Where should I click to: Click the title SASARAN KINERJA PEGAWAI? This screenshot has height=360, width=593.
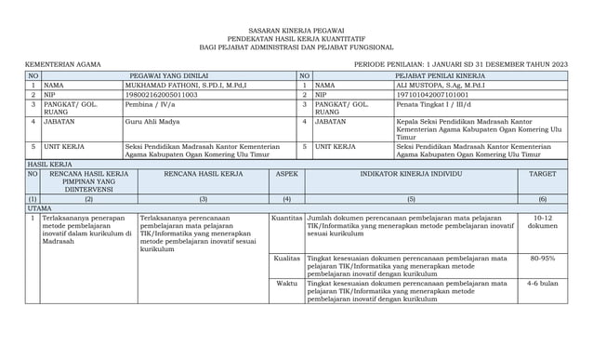(x=296, y=31)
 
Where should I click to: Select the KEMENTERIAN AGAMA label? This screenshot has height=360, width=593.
(x=63, y=63)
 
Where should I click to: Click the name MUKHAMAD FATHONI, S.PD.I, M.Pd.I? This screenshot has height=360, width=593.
(x=185, y=86)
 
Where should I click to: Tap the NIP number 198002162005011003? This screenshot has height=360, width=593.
(x=161, y=94)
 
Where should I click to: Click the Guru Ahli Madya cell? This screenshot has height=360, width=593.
(x=154, y=121)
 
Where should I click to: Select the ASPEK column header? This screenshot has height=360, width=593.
(x=286, y=174)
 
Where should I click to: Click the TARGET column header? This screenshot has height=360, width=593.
(x=543, y=174)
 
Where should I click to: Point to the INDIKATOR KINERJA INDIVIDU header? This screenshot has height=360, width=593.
(x=411, y=174)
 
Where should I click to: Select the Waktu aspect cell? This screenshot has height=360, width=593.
(x=288, y=283)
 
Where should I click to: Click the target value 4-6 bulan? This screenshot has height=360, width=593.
(x=543, y=283)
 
